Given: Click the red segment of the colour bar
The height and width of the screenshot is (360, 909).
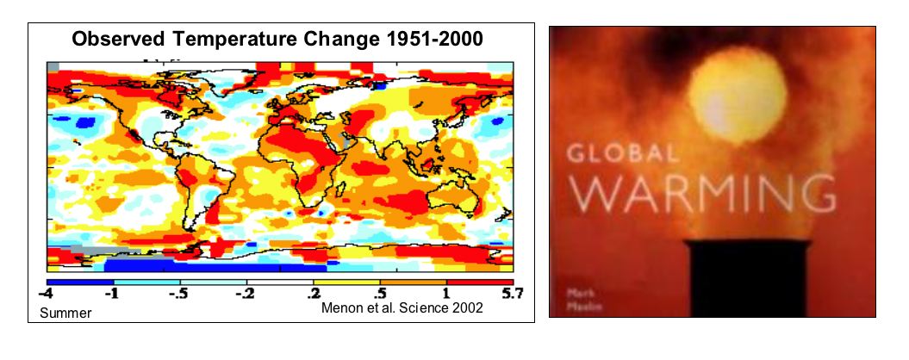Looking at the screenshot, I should click(480, 282).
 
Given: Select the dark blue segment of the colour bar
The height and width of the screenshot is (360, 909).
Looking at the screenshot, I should click(79, 282).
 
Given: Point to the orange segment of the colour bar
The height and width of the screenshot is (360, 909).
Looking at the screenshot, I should click(414, 282).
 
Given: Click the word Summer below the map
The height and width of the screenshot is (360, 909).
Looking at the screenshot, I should click(65, 313).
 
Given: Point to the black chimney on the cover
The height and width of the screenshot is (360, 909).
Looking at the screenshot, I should click(746, 280).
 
